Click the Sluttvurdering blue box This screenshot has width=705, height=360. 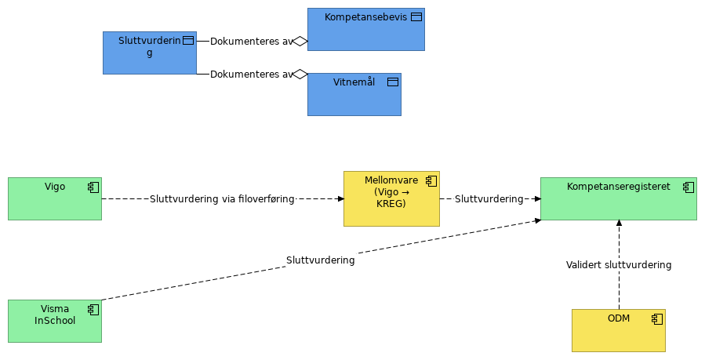click(x=150, y=53)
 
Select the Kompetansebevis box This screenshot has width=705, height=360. click(x=366, y=29)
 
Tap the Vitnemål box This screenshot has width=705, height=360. click(x=354, y=94)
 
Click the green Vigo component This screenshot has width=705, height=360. click(x=55, y=198)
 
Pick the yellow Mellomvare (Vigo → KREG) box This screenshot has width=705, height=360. click(x=391, y=198)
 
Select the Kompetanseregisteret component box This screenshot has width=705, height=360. click(x=619, y=198)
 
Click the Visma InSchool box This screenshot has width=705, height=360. click(x=55, y=321)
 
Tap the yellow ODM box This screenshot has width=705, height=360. click(x=619, y=330)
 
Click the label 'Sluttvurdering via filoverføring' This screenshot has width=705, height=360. click(x=222, y=198)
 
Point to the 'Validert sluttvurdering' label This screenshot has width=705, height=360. click(x=619, y=265)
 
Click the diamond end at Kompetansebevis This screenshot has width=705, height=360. click(x=300, y=42)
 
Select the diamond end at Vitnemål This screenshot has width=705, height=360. click(x=300, y=75)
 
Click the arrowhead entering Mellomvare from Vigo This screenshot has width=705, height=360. click(x=341, y=198)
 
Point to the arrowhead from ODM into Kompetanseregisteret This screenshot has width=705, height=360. click(x=619, y=223)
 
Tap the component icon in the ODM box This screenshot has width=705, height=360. click(x=657, y=319)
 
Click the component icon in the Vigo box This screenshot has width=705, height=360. click(x=93, y=187)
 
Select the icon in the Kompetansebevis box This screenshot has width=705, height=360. click(x=416, y=17)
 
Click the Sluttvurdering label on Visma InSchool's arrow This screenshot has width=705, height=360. click(x=321, y=260)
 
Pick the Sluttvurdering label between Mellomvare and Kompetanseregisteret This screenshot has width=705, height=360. click(x=489, y=198)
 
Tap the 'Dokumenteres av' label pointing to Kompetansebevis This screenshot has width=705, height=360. click(x=251, y=42)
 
